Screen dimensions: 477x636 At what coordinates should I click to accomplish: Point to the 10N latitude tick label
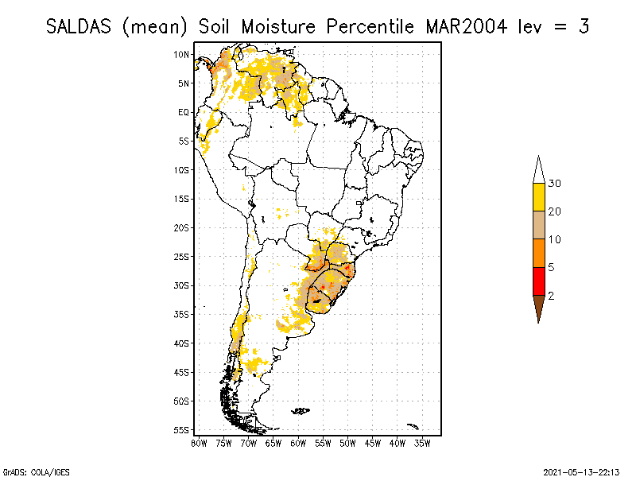tap(182, 54)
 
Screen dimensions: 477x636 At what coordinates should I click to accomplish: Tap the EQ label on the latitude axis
tap(184, 112)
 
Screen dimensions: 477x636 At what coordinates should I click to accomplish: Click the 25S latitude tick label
tap(182, 256)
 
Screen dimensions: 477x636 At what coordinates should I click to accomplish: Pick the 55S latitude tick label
tap(182, 429)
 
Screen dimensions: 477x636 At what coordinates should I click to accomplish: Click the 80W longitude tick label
tap(199, 442)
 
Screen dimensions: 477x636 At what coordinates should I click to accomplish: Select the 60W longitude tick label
tap(299, 442)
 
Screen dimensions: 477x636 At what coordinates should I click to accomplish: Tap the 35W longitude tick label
tap(422, 442)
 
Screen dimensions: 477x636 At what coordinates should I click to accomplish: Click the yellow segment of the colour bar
tap(538, 197)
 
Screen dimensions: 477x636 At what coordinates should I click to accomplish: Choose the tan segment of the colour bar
tap(538, 225)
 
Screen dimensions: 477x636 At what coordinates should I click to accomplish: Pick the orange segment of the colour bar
tap(538, 253)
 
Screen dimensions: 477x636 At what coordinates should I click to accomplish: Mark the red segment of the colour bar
tap(538, 281)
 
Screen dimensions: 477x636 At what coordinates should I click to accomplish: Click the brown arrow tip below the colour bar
tap(538, 310)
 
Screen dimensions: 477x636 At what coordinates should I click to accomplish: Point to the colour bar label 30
tap(555, 184)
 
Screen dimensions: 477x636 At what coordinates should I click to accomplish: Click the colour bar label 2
tap(552, 295)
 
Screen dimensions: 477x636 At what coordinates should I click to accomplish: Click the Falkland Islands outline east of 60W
tap(300, 411)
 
